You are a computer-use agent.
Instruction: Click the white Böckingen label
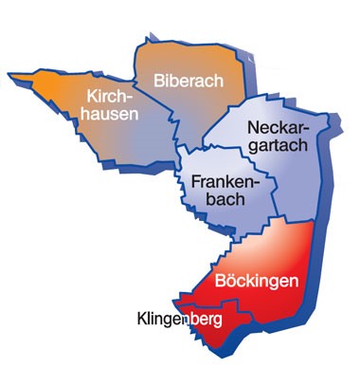coord(258,281)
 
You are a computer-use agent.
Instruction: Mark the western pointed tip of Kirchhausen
coord(9,73)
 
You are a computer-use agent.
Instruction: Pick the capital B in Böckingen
coord(222,281)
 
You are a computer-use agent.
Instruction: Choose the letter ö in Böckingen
coord(233,282)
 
